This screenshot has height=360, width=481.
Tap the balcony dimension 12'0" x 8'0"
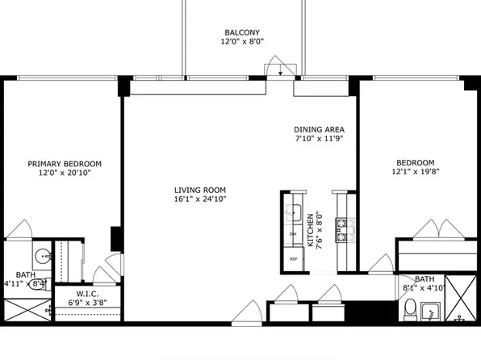point(243,41)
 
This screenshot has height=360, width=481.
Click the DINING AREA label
point(320,129)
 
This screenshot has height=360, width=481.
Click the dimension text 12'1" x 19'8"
point(416,171)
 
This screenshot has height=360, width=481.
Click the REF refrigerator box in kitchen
point(294,259)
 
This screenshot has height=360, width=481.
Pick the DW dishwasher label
point(293,234)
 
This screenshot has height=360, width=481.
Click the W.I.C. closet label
point(86,293)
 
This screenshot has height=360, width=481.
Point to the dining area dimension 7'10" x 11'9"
point(320,139)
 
